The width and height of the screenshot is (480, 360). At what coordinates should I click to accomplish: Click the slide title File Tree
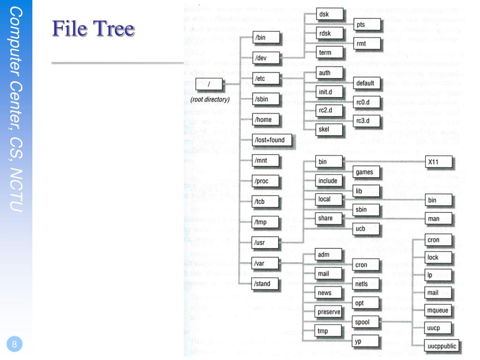coord(93,29)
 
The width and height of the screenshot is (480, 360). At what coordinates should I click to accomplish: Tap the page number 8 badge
coord(15,345)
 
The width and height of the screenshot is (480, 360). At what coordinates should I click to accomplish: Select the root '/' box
coord(210,85)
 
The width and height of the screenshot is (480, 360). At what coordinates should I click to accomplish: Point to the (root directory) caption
coord(210,99)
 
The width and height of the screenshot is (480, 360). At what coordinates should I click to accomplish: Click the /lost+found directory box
coord(269,140)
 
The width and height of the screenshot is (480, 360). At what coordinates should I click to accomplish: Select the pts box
coord(361,25)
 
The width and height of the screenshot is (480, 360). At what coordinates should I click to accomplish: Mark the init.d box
coord(325,92)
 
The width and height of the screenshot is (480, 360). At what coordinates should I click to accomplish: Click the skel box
coord(324,130)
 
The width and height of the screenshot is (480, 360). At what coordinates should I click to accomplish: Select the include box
coord(328,181)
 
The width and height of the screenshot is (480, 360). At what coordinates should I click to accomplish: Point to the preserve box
coord(329,312)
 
